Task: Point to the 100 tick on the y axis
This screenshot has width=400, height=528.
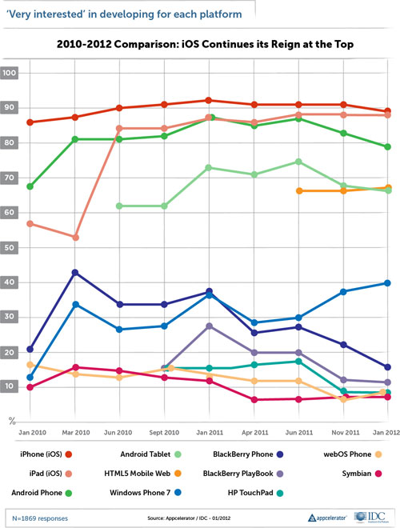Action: click(x=11, y=73)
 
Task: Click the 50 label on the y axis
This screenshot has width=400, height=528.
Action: click(x=10, y=248)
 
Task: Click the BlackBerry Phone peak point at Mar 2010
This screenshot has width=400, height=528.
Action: click(x=74, y=273)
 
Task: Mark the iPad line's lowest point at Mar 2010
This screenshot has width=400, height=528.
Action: click(x=74, y=238)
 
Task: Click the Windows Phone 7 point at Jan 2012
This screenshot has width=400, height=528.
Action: click(x=387, y=282)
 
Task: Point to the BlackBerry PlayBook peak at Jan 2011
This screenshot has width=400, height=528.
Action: click(x=209, y=326)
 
